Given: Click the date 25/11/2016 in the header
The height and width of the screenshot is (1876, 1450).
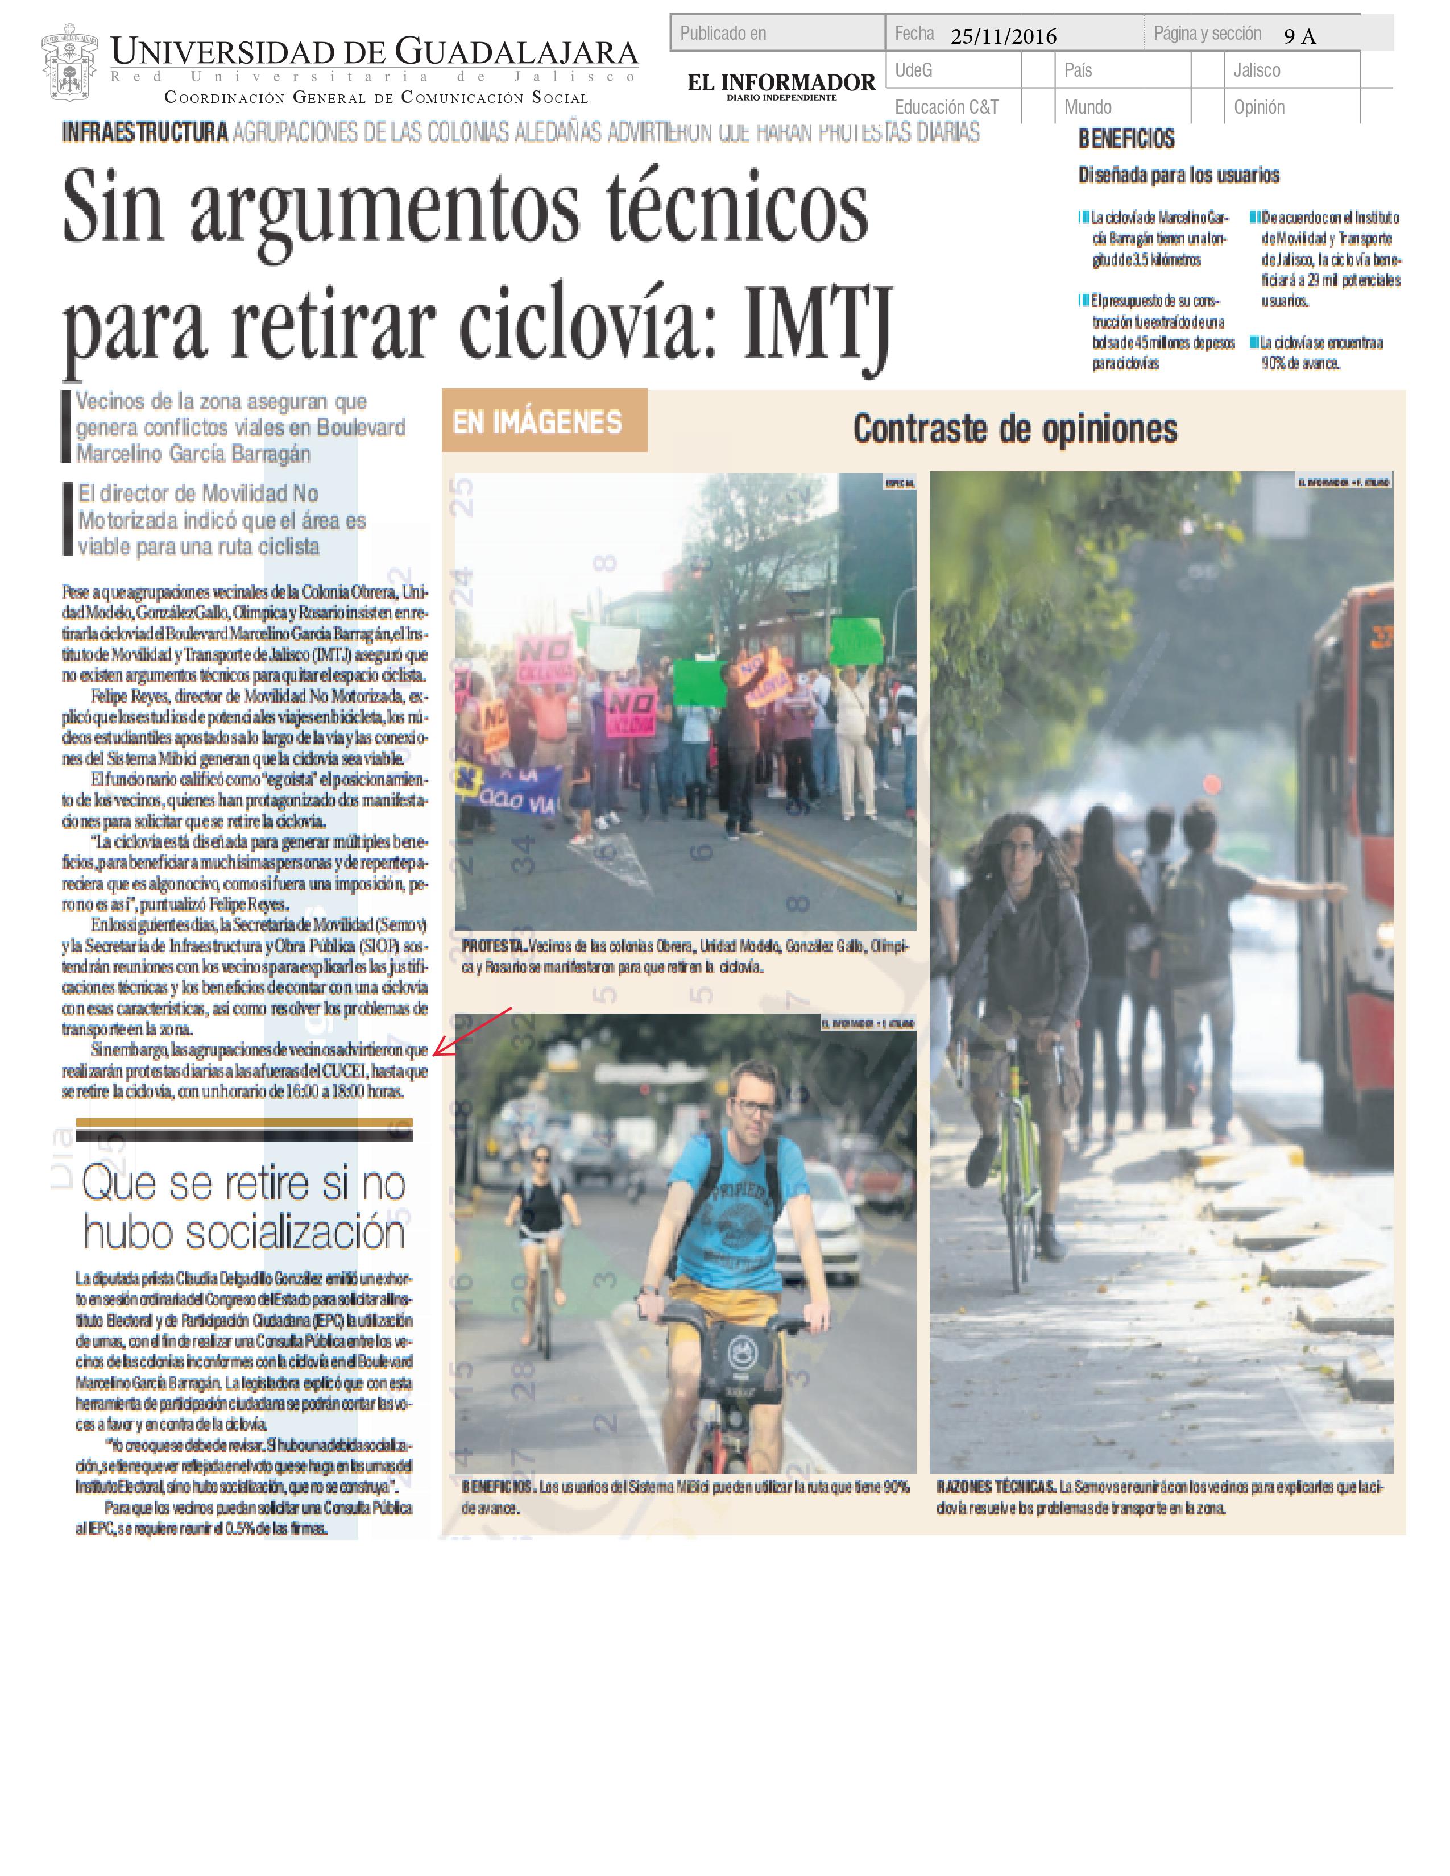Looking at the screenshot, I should [x=1002, y=36].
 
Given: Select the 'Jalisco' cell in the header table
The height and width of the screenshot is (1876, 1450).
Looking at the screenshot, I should [x=1256, y=70].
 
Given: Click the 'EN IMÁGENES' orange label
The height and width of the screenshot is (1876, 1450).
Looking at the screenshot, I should [x=538, y=422].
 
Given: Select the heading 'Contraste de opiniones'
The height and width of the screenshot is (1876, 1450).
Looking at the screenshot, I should [x=1014, y=429].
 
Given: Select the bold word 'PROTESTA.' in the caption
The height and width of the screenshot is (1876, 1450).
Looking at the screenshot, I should [x=494, y=947].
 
